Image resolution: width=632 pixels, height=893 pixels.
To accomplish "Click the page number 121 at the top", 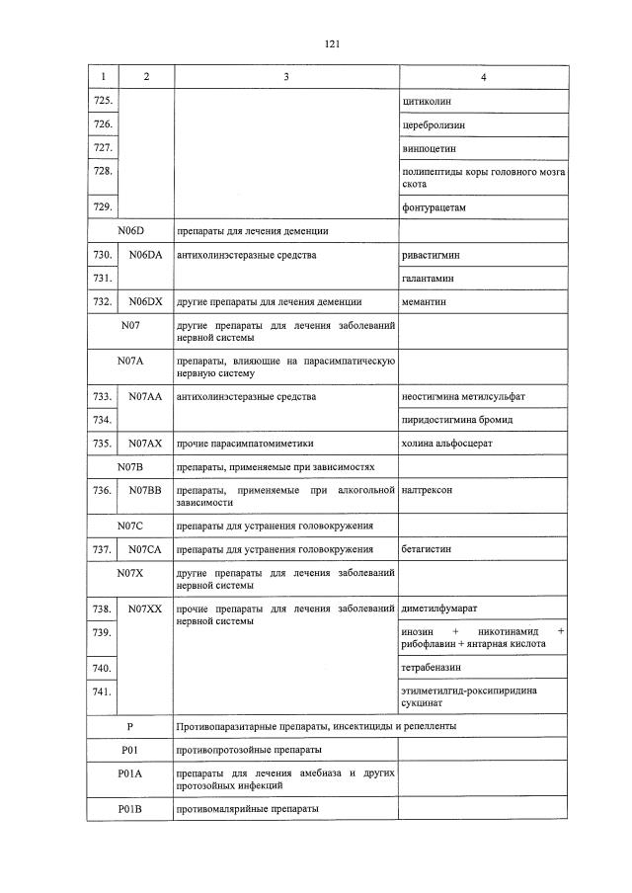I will click(x=331, y=44).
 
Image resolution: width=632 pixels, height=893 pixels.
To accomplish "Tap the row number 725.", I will click(x=102, y=101).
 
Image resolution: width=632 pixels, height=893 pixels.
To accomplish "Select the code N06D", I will click(x=131, y=231).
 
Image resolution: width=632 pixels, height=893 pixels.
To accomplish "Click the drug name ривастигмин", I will click(x=431, y=255).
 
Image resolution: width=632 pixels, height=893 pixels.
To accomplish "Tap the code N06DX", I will click(x=144, y=301).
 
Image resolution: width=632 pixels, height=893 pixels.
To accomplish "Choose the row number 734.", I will click(x=102, y=420).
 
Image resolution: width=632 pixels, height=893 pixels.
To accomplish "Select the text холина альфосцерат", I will click(x=446, y=444).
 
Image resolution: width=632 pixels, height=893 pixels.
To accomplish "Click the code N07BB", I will click(x=144, y=490).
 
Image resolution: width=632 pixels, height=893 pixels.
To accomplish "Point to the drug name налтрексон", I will click(x=428, y=490).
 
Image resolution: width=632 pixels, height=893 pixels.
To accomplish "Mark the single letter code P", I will click(x=130, y=727).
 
